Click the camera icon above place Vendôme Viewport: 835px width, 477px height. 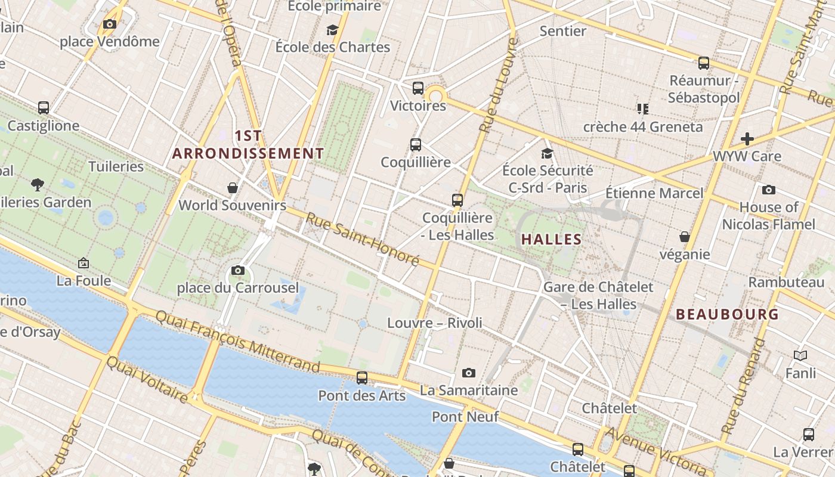(109, 24)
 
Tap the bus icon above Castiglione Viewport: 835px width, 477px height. (44, 108)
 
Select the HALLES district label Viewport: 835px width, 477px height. (551, 240)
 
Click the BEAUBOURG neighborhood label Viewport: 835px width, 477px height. (727, 314)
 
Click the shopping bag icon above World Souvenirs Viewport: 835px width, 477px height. (233, 188)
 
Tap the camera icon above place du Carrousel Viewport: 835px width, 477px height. (238, 271)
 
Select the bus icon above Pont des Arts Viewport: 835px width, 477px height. (362, 378)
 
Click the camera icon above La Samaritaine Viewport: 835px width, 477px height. (469, 373)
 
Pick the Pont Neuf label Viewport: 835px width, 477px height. (465, 417)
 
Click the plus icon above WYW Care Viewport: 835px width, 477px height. (747, 139)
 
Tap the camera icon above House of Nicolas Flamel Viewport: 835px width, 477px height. (769, 190)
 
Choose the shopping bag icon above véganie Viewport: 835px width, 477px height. (685, 237)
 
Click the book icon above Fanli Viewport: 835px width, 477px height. (800, 356)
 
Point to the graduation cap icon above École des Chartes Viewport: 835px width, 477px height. (332, 30)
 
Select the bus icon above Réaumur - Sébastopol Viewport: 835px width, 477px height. (704, 63)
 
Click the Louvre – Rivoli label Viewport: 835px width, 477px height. (435, 323)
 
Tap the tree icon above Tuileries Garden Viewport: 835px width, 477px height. (37, 185)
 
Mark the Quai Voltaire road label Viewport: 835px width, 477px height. (147, 379)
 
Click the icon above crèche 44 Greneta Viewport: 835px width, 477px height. (642, 109)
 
